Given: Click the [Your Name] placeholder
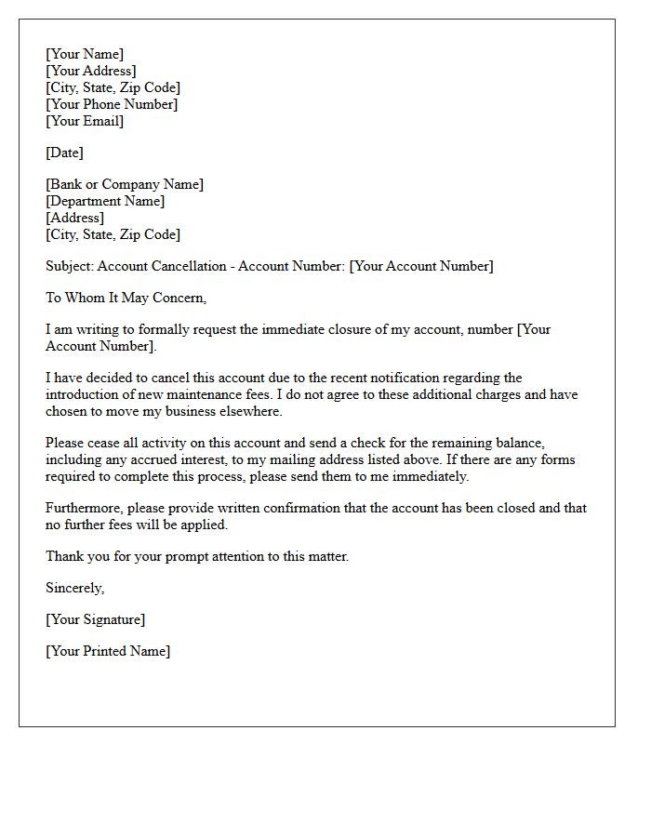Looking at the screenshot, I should click(85, 54).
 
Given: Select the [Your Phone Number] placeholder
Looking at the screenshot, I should click(112, 104).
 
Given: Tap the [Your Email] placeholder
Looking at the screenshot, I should click(85, 121).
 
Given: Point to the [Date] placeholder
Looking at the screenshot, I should click(64, 153).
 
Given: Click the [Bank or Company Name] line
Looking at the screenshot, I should click(125, 184).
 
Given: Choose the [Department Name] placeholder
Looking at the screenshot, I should click(105, 201).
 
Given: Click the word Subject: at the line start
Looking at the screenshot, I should click(70, 266).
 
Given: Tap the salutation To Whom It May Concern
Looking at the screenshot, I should click(126, 298).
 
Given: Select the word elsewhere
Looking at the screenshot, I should click(252, 411).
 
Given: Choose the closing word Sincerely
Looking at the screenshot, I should click(75, 588).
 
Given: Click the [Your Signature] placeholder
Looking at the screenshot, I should click(96, 619).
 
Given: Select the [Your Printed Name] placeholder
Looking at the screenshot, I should click(108, 651).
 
